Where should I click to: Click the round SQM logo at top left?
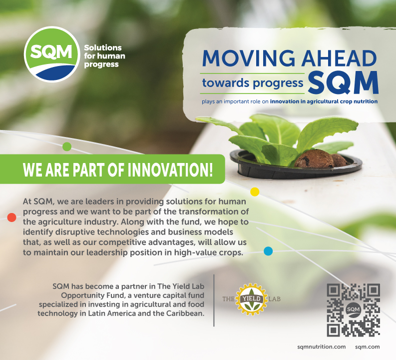pos(52,54)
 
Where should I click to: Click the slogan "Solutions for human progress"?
pos(104,56)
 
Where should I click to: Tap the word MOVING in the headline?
pos(249,58)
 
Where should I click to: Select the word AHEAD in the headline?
pos(339,58)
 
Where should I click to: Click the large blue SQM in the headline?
pos(343,82)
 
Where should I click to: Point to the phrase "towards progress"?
pos(253,83)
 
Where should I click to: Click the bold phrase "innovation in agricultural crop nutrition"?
pos(324,101)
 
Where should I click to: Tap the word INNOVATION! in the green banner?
pos(170,169)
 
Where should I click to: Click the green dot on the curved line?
pos(67,146)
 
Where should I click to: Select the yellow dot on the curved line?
pos(255,192)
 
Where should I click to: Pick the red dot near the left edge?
pos(11,217)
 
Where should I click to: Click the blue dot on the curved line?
pos(268,251)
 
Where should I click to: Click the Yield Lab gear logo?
pos(252,299)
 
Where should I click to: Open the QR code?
pos(354,310)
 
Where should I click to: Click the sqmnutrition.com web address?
pos(322,347)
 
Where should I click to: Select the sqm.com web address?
pos(367,347)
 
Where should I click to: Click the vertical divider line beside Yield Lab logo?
pos(214,300)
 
